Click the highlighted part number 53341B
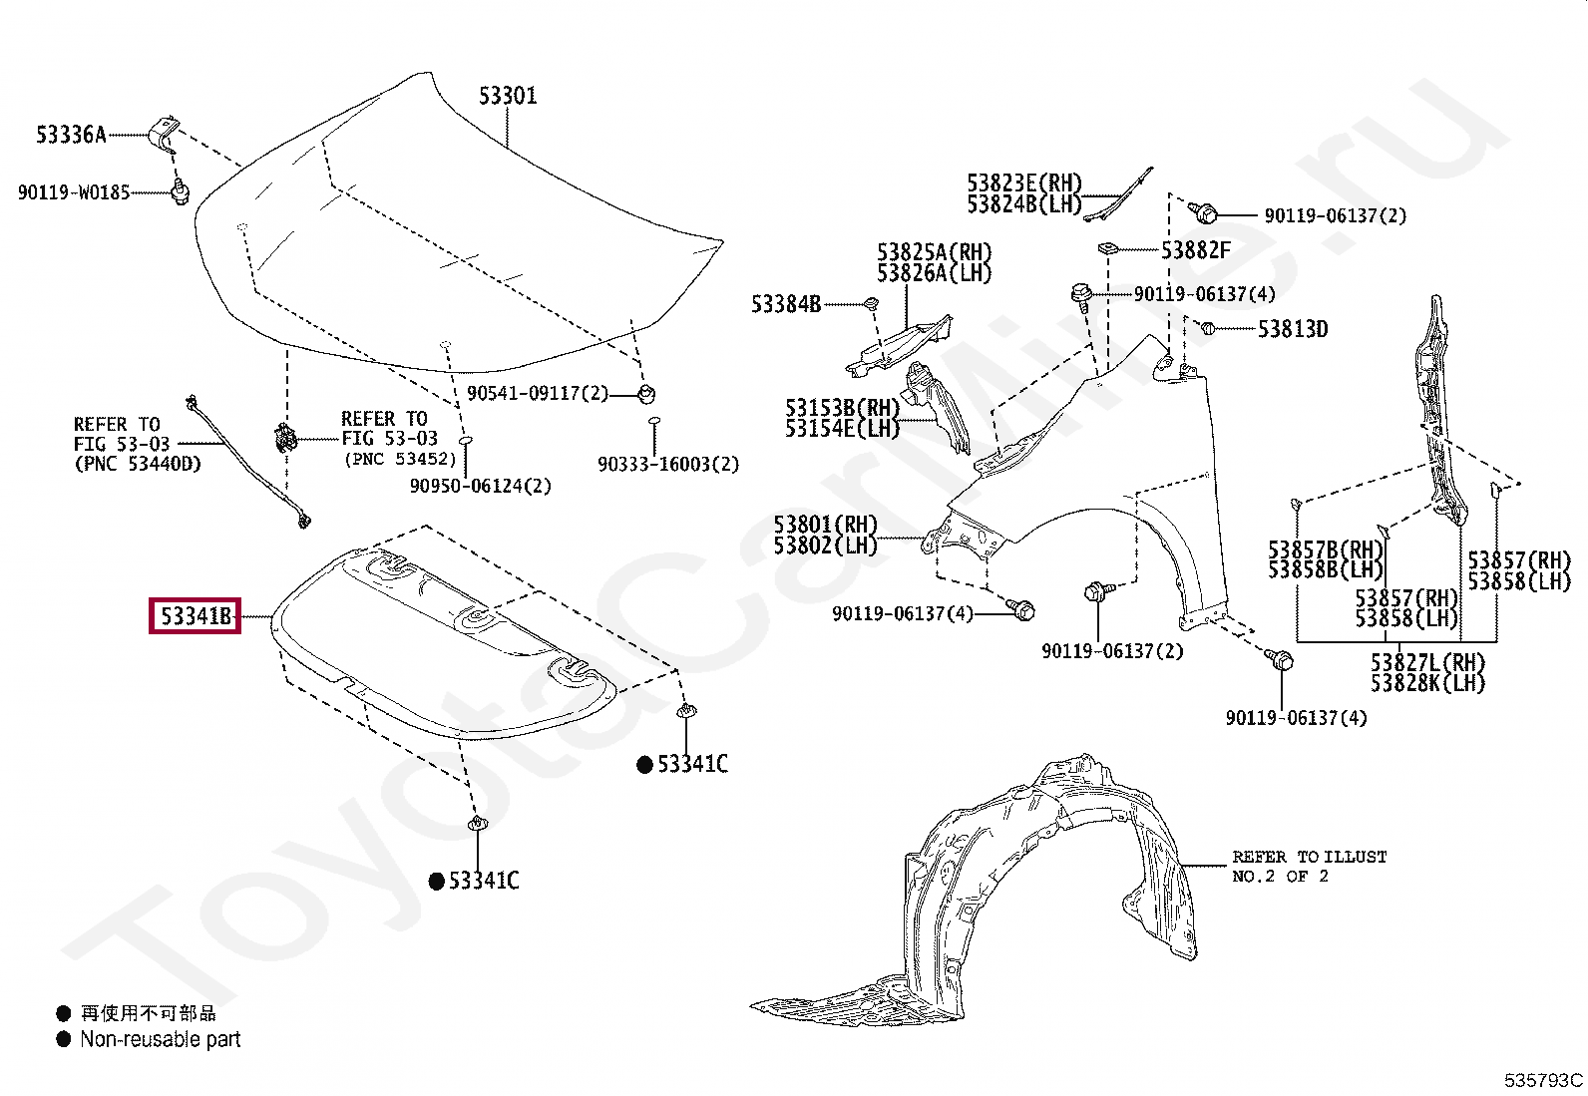pyautogui.click(x=196, y=617)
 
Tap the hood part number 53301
pyautogui.click(x=508, y=96)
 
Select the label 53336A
pyautogui.click(x=71, y=135)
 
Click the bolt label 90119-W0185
pyautogui.click(x=74, y=192)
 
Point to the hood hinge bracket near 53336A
pyautogui.click(x=165, y=133)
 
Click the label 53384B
pyautogui.click(x=786, y=304)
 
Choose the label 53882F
pyautogui.click(x=1196, y=250)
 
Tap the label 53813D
pyautogui.click(x=1293, y=329)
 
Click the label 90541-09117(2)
pyautogui.click(x=538, y=394)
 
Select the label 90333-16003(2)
pyautogui.click(x=668, y=465)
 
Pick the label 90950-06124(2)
pyautogui.click(x=480, y=486)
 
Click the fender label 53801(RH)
pyautogui.click(x=825, y=525)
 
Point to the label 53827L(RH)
pyautogui.click(x=1427, y=663)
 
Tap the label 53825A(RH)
pyautogui.click(x=935, y=252)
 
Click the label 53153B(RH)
pyautogui.click(x=842, y=408)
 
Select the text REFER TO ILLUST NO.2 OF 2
pyautogui.click(x=1309, y=866)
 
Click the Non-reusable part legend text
pyautogui.click(x=161, y=1039)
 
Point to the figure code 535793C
pyautogui.click(x=1543, y=1080)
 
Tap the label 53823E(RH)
pyautogui.click(x=1023, y=183)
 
